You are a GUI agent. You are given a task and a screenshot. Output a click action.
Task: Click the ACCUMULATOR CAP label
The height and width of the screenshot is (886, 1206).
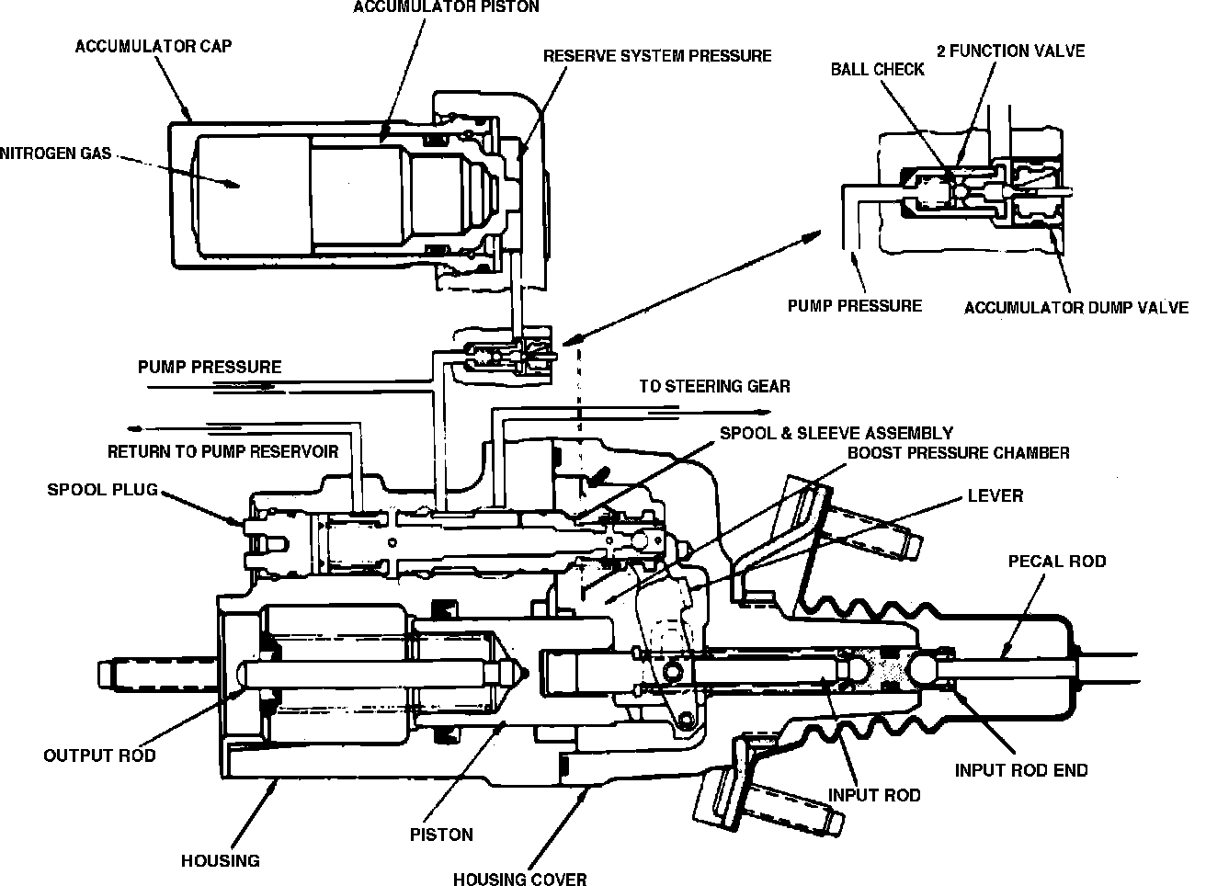(x=154, y=46)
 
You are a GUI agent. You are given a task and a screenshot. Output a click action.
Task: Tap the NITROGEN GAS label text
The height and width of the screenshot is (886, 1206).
(x=55, y=153)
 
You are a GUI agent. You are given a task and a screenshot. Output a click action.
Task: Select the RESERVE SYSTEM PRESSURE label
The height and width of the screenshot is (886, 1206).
(x=657, y=56)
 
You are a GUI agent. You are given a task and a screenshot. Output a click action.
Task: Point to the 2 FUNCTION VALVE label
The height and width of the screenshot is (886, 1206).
(x=1011, y=51)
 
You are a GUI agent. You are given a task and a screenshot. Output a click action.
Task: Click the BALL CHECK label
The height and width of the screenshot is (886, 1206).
(x=878, y=70)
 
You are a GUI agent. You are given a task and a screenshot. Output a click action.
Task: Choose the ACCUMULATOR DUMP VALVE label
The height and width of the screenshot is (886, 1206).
(x=1076, y=308)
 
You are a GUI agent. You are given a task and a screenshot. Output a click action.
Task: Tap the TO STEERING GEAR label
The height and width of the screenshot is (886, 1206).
(x=714, y=386)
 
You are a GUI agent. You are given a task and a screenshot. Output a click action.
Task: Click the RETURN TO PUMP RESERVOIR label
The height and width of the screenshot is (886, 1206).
(x=222, y=451)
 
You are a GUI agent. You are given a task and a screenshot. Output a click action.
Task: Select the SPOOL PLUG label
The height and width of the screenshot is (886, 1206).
(x=102, y=490)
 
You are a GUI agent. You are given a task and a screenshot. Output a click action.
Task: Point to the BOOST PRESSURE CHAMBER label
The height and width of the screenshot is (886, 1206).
(x=959, y=453)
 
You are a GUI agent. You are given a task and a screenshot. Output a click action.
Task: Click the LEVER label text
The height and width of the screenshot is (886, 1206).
(x=996, y=495)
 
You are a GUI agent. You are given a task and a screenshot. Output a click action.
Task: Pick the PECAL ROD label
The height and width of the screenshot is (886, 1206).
(x=1057, y=562)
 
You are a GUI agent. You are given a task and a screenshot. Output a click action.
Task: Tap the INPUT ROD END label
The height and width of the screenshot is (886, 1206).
(x=1021, y=770)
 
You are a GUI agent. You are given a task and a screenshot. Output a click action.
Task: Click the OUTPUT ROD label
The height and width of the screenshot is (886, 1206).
(x=99, y=755)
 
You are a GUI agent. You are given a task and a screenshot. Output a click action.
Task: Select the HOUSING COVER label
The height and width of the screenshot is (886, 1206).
(x=520, y=879)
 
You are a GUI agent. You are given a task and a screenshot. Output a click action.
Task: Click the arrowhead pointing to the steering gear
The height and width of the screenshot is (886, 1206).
(x=764, y=413)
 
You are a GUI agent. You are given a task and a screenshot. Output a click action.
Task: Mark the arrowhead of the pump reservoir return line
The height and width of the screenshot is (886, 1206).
(x=134, y=429)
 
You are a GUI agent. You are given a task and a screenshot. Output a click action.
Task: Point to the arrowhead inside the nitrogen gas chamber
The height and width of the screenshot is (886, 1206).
(x=233, y=185)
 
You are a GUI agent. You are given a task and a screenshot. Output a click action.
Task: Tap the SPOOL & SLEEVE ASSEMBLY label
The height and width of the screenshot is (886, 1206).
(x=836, y=433)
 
